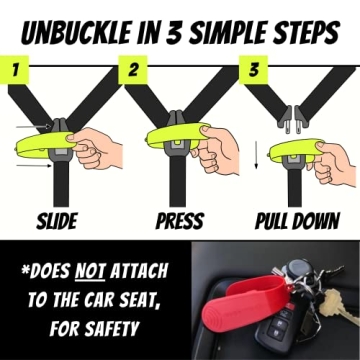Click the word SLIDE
coord(59,219)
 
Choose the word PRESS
coord(179,219)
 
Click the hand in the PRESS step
coord(215,150)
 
